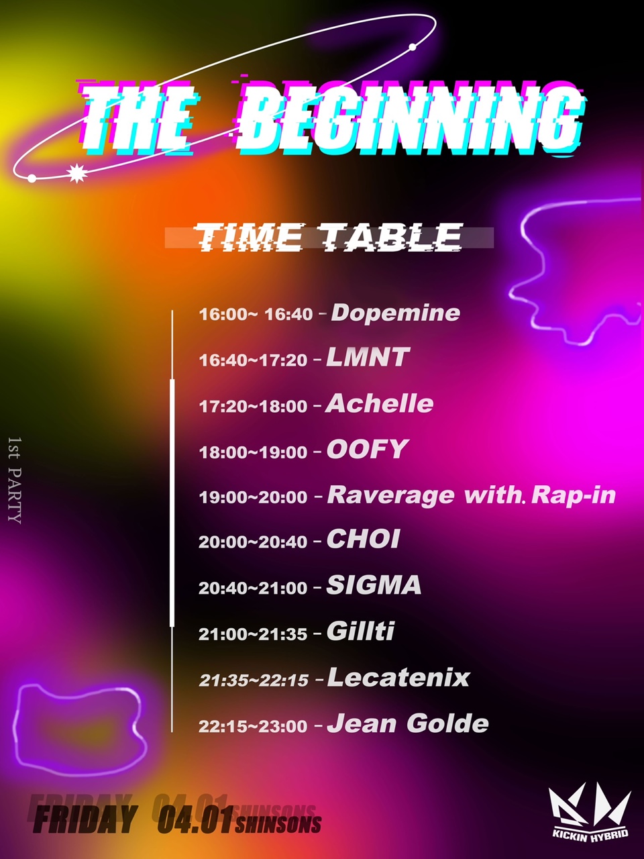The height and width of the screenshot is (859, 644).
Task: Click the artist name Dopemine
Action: pyautogui.click(x=395, y=313)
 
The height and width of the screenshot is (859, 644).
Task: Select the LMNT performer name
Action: pyautogui.click(x=368, y=357)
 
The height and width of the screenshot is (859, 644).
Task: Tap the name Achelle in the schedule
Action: pyautogui.click(x=379, y=403)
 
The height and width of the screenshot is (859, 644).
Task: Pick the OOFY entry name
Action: pyautogui.click(x=368, y=449)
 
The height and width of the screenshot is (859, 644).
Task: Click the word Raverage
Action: pyautogui.click(x=390, y=495)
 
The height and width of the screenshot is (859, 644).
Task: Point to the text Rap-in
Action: pyautogui.click(x=574, y=495)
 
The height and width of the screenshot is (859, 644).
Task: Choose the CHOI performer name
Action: pyautogui.click(x=363, y=540)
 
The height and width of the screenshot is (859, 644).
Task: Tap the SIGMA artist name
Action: pyautogui.click(x=374, y=585)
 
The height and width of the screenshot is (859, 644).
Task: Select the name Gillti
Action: pyautogui.click(x=360, y=631)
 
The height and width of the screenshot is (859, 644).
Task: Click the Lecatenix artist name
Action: pyautogui.click(x=398, y=677)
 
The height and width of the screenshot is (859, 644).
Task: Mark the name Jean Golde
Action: pyautogui.click(x=408, y=723)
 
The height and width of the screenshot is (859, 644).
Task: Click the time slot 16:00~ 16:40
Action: pyautogui.click(x=256, y=314)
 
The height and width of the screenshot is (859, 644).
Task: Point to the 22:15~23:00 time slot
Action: pyautogui.click(x=253, y=727)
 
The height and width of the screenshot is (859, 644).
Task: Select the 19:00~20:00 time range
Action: pyautogui.click(x=253, y=497)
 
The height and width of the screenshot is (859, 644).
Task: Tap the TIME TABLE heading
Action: pyautogui.click(x=329, y=237)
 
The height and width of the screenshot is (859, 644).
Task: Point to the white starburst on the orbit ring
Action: pyautogui.click(x=76, y=173)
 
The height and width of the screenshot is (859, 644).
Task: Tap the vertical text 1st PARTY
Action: pyautogui.click(x=15, y=481)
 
